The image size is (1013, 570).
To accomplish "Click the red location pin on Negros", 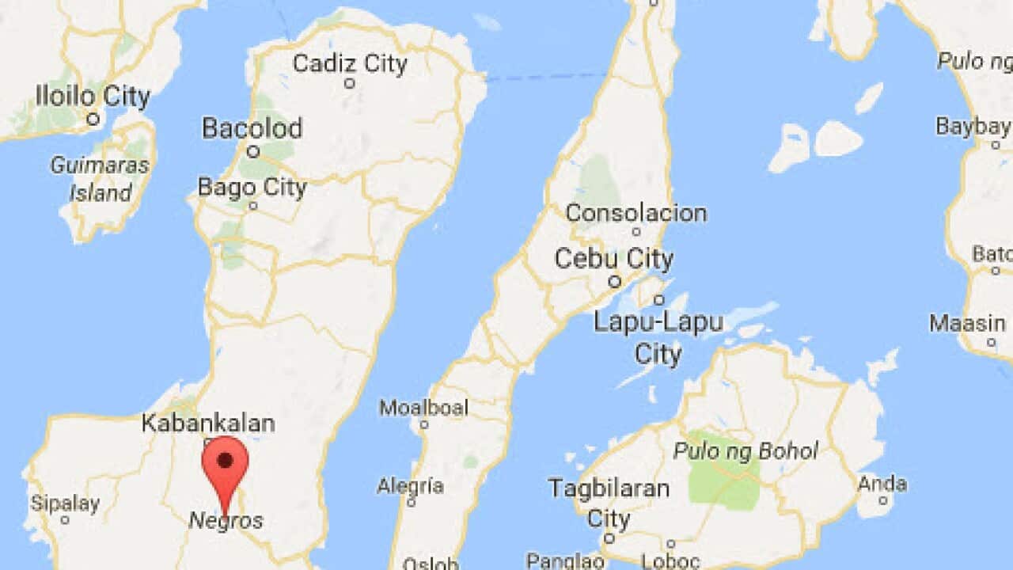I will tap(226, 463).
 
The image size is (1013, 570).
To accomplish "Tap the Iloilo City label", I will tap(93, 97).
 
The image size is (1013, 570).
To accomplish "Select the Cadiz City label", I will tap(350, 63).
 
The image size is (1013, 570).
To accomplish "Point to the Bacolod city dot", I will tap(253, 151).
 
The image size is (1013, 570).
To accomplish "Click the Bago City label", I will tap(252, 188).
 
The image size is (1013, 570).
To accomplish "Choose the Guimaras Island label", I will tap(100, 179).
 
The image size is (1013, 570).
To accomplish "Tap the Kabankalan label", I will tap(208, 423).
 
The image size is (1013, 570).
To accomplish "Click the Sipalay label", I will tap(65, 503).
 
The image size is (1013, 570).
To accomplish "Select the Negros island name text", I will tap(226, 521).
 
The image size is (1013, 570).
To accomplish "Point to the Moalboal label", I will tap(423, 408).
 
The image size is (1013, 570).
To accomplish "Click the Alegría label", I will tap(410, 485).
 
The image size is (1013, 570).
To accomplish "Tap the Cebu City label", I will tap(614, 259).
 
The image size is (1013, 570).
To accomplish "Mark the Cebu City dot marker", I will tap(614, 281).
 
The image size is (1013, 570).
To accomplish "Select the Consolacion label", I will tap(635, 213).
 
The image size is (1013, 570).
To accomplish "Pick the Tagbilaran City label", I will tap(609, 503).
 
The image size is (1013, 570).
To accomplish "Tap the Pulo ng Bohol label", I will tap(745, 451).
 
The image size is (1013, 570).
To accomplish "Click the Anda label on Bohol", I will tap(882, 483).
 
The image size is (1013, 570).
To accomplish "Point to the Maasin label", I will tap(967, 323).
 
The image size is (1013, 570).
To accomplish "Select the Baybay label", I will tap(973, 126).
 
